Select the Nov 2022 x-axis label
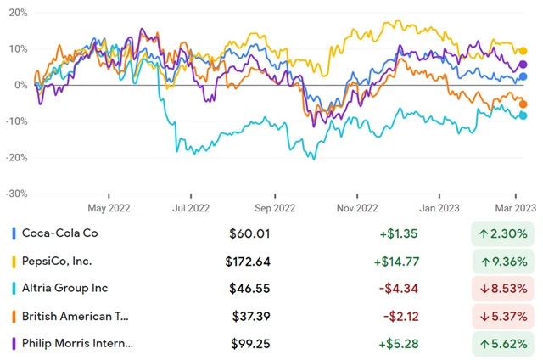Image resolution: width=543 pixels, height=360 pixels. [x=357, y=206]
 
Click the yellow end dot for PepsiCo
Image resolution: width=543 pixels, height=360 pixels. [x=523, y=52]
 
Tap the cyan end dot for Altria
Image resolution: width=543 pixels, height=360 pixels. [x=523, y=115]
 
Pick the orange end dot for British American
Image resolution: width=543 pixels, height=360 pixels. [x=523, y=104]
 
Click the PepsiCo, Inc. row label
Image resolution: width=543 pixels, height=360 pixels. [x=58, y=261]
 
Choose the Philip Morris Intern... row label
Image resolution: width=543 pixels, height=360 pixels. [x=78, y=343]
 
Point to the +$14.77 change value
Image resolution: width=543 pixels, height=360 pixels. [x=395, y=261]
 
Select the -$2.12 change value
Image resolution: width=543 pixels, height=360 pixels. [x=398, y=316]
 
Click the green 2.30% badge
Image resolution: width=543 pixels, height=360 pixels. [x=502, y=233]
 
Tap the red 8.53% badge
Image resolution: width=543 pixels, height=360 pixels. [x=502, y=289]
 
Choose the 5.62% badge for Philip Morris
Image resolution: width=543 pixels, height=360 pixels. [x=502, y=343]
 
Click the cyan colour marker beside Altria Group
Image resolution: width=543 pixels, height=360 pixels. [x=12, y=289]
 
